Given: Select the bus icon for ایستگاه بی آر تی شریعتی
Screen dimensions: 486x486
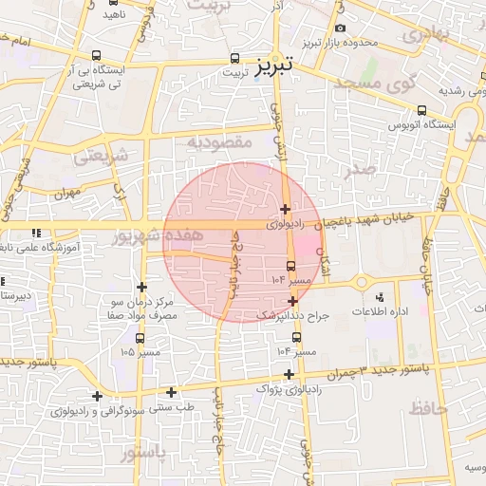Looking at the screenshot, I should (98, 56).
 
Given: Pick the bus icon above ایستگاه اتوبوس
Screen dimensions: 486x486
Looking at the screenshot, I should (422, 110).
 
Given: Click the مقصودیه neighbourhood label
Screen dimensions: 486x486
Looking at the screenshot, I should (218, 142).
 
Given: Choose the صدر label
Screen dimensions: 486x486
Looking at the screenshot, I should (361, 168).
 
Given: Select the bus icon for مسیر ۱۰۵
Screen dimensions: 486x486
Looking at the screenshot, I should (140, 338).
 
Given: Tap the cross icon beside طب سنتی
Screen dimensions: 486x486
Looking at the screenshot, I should (171, 392).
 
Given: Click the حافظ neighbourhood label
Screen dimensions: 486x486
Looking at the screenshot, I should (429, 408).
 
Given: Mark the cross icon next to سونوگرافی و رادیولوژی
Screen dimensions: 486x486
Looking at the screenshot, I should (97, 396).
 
